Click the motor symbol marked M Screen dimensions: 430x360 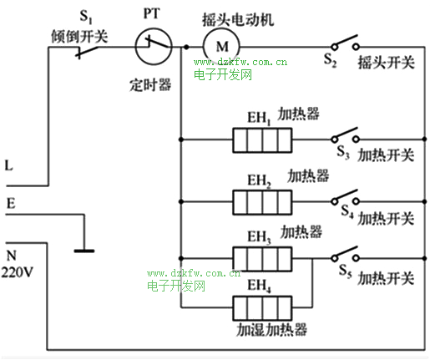tap(221, 47)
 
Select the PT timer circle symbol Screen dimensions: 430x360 tap(154, 47)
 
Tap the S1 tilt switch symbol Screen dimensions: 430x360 tap(87, 52)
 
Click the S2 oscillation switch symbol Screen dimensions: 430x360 tap(345, 43)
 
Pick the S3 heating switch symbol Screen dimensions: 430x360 tap(345, 135)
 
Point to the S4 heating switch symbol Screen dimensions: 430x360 tap(345, 198)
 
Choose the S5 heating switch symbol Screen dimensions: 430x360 tap(345, 255)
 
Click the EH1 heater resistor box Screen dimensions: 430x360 tap(262, 140)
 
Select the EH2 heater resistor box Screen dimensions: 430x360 tap(262, 202)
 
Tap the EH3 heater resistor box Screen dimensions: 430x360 tap(262, 259)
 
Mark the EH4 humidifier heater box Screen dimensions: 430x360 tap(262, 308)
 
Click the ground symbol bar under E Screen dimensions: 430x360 tap(84, 251)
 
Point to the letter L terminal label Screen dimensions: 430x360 tap(9, 165)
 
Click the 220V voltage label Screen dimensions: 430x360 tap(18, 272)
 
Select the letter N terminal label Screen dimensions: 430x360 tap(11, 256)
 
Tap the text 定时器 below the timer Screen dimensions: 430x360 tap(150, 85)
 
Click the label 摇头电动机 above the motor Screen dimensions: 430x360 tap(238, 19)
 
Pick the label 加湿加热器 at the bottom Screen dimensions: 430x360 tap(271, 330)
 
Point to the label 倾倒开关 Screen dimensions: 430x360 tap(79, 36)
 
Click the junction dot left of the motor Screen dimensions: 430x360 tap(186, 47)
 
